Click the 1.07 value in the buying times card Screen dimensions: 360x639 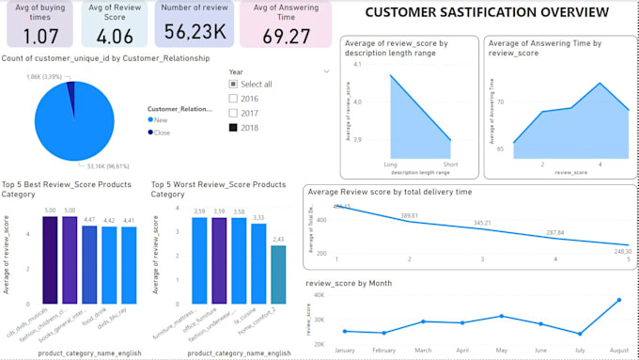[x=40, y=36]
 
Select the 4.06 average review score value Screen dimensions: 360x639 [x=114, y=36]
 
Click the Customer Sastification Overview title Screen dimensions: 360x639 [x=486, y=12]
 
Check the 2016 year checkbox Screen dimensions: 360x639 [x=234, y=99]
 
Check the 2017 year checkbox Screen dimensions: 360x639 [x=234, y=113]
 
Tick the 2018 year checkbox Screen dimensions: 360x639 [x=234, y=127]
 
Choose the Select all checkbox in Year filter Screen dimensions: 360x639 [x=234, y=85]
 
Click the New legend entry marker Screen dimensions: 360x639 [x=151, y=120]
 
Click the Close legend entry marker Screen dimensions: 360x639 [x=151, y=132]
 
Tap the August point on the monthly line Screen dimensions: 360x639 [x=618, y=300]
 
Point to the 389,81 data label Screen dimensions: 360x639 [x=409, y=216]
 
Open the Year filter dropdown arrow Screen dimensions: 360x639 [x=326, y=70]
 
